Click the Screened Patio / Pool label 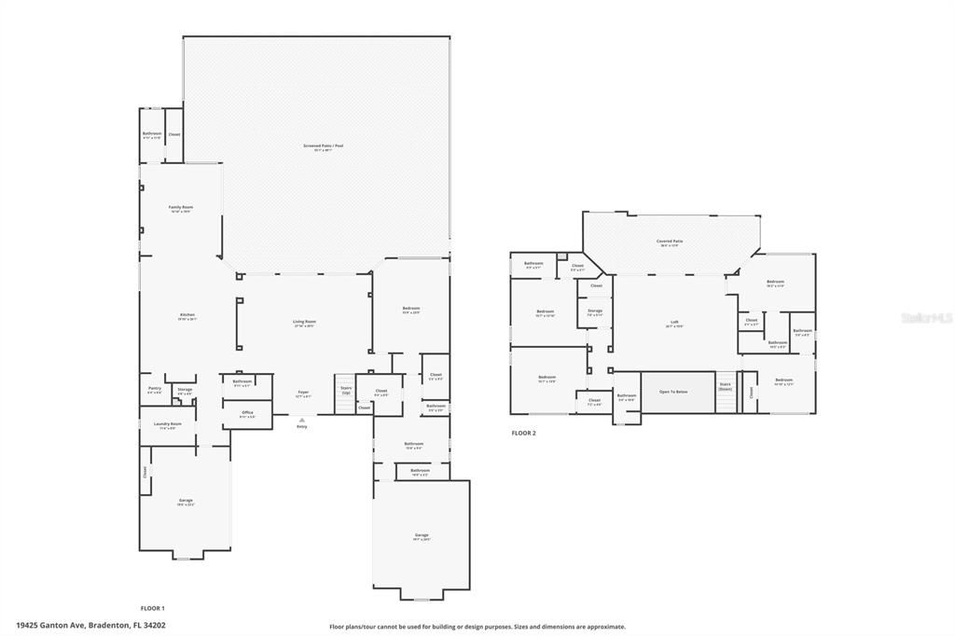[x=317, y=146]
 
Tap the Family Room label [x=180, y=208]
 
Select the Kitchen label [x=187, y=316]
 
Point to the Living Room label [x=304, y=323]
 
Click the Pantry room [x=155, y=390]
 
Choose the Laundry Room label [x=168, y=425]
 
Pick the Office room [x=247, y=414]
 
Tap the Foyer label [x=303, y=394]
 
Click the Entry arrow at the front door [x=301, y=422]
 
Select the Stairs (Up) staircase [x=346, y=389]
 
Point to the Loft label [x=674, y=325]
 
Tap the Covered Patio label [x=671, y=243]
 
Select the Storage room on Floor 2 [x=595, y=312]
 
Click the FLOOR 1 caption [x=152, y=607]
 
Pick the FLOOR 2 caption [x=524, y=433]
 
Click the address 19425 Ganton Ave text [x=91, y=626]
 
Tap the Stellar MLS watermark [x=926, y=318]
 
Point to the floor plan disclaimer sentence [x=477, y=627]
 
